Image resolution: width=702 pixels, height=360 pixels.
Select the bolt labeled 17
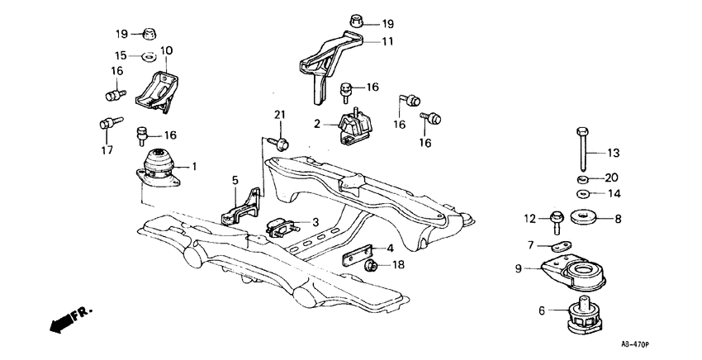click(105, 124)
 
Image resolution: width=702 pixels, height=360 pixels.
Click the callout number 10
click(166, 51)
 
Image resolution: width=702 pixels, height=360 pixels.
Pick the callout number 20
click(612, 178)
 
